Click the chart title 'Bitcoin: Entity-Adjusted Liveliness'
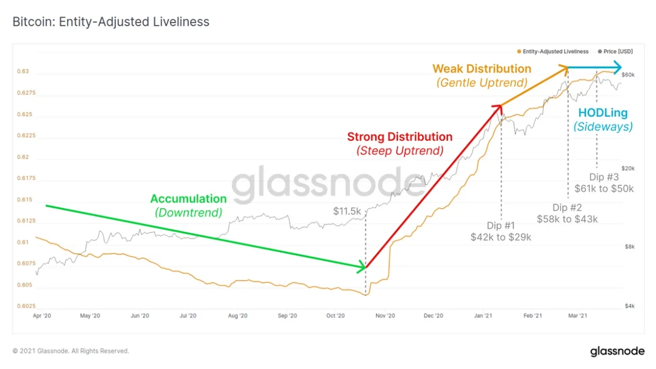111,22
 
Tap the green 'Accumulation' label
188,199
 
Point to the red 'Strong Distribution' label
399,137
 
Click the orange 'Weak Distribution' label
481,69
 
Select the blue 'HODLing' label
603,113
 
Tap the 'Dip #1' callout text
500,226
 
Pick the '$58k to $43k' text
567,219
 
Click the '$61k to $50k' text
604,188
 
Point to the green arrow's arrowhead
362,267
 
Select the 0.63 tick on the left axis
24,71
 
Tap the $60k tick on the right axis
628,75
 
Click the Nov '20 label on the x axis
385,316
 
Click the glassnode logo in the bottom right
617,351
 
